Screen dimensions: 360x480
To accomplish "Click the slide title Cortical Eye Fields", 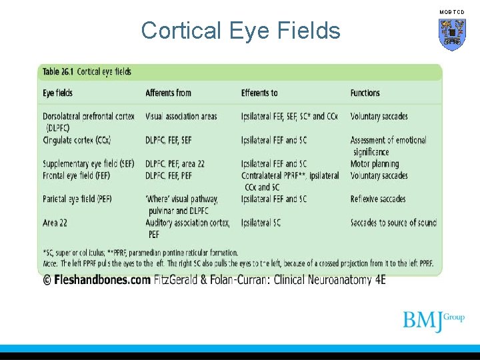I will [x=241, y=31].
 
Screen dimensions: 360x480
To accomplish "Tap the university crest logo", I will [x=451, y=34].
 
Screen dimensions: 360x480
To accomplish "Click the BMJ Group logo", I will [x=433, y=320].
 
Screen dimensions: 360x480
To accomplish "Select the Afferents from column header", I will [x=168, y=93].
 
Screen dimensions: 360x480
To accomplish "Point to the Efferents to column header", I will [x=259, y=93].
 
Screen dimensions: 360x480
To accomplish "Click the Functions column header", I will [x=365, y=93].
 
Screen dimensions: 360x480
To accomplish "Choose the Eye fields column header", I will [x=58, y=93].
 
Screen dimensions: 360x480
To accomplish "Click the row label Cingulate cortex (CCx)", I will [x=77, y=140].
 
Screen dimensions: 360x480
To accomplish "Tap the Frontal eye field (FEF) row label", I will [x=76, y=175].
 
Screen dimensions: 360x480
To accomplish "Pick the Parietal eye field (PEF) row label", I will [x=77, y=199].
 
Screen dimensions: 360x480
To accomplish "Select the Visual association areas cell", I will [x=181, y=116].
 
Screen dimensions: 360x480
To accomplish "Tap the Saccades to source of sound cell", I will [x=393, y=223].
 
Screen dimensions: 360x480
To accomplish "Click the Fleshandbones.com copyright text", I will [x=97, y=280].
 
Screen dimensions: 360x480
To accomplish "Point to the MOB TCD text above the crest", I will [x=451, y=12].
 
